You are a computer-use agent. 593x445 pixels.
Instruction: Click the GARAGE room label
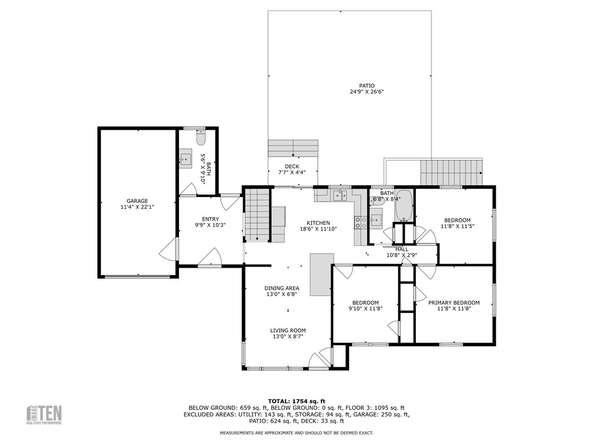pyautogui.click(x=137, y=201)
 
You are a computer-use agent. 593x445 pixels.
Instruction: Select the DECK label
pyautogui.click(x=292, y=166)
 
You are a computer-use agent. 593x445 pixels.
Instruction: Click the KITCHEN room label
pyautogui.click(x=318, y=223)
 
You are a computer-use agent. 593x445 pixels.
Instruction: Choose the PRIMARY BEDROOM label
pyautogui.click(x=453, y=302)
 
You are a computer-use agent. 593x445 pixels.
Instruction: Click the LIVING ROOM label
pyautogui.click(x=288, y=330)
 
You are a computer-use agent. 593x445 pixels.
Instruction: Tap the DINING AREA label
pyautogui.click(x=282, y=289)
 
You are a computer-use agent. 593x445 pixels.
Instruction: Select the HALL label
pyautogui.click(x=401, y=249)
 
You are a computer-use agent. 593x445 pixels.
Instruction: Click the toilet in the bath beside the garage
pyautogui.click(x=201, y=139)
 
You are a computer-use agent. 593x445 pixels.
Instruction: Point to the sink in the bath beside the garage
pyautogui.click(x=185, y=159)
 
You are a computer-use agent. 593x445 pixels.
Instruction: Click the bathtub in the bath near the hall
pyautogui.click(x=404, y=206)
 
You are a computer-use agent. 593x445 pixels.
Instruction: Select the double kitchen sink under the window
pyautogui.click(x=340, y=195)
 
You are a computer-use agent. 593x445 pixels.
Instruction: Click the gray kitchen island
pyautogui.click(x=321, y=274)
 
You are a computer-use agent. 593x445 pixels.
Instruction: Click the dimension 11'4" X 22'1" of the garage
pyautogui.click(x=137, y=207)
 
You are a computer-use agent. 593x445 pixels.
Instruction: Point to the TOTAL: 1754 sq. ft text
pyautogui.click(x=296, y=401)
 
